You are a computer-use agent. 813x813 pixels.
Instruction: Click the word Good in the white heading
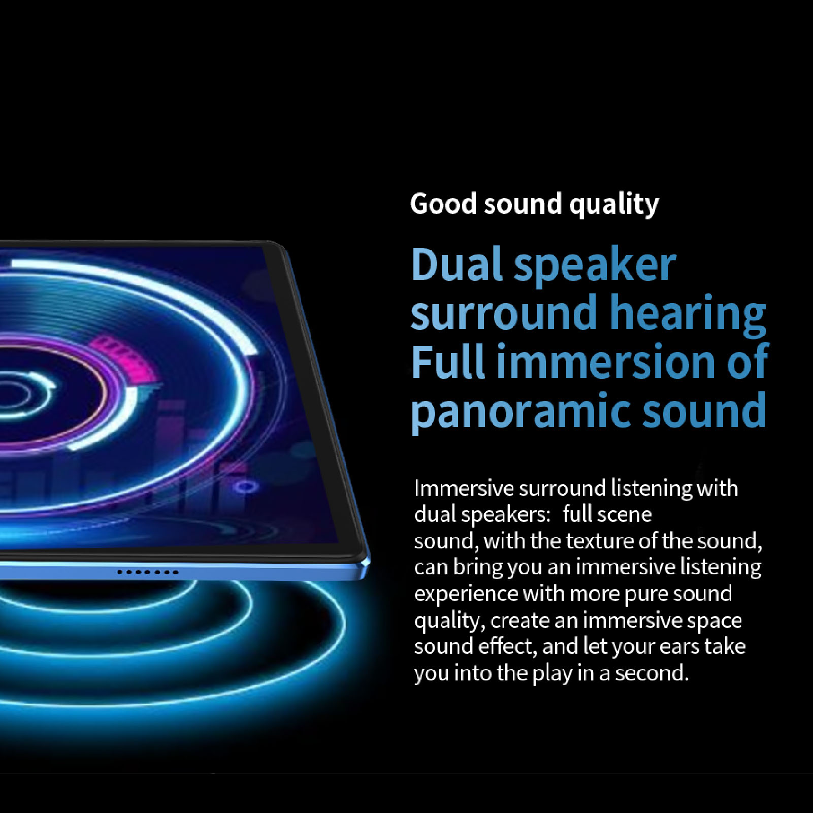pyautogui.click(x=443, y=204)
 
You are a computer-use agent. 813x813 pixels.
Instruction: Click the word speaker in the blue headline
pyautogui.click(x=595, y=266)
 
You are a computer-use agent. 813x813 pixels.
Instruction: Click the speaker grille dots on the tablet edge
pyautogui.click(x=147, y=572)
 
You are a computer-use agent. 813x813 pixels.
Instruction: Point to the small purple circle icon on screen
pyautogui.click(x=246, y=487)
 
